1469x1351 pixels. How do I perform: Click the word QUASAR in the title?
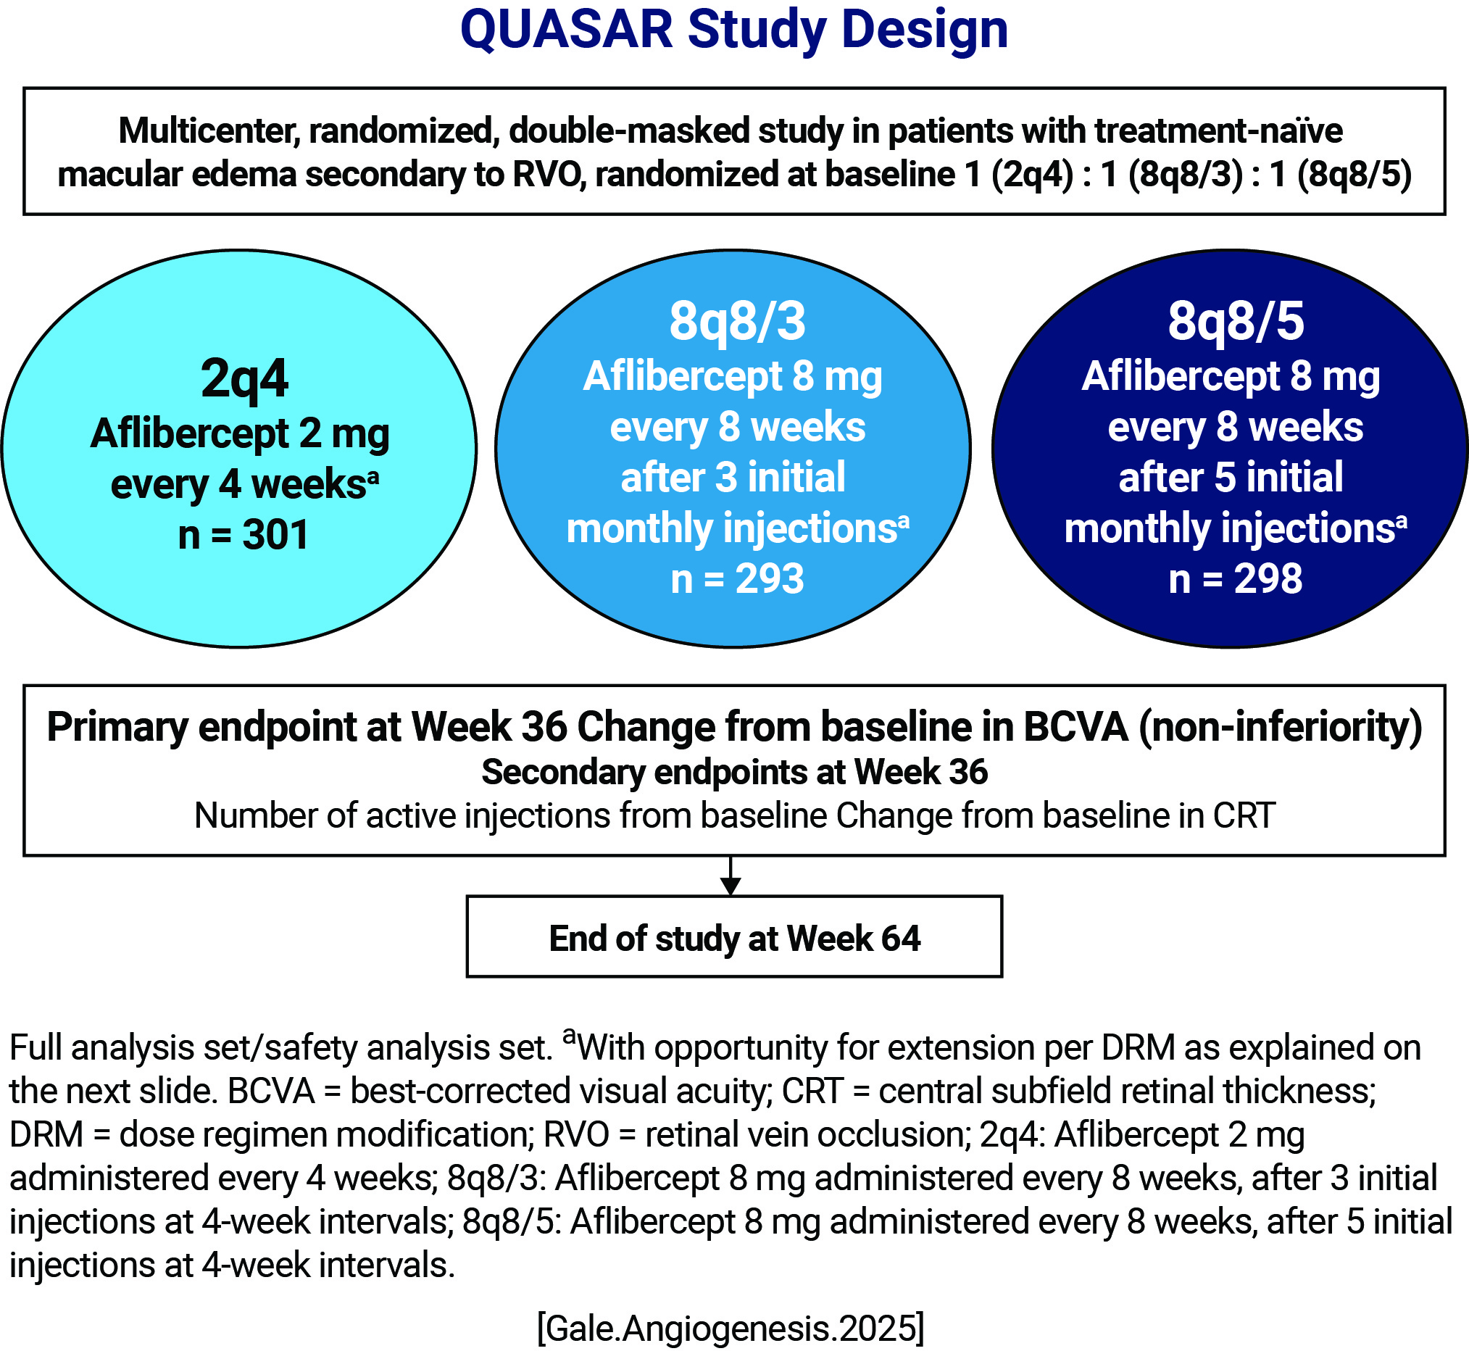(567, 30)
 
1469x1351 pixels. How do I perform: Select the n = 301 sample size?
(244, 534)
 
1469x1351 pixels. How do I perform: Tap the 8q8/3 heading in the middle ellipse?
(738, 322)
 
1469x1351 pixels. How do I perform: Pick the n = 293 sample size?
(738, 579)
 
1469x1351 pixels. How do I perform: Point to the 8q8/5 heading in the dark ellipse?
(1236, 322)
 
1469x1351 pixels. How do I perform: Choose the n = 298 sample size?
(1236, 579)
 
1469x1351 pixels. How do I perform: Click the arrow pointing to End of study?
(731, 875)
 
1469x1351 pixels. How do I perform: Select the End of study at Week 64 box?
(735, 936)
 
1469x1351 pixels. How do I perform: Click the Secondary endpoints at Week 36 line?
(735, 773)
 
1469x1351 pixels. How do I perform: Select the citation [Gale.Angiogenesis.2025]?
(731, 1328)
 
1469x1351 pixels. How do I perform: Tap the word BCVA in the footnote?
(271, 1091)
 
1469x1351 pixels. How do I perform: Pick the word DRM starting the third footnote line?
(46, 1134)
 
